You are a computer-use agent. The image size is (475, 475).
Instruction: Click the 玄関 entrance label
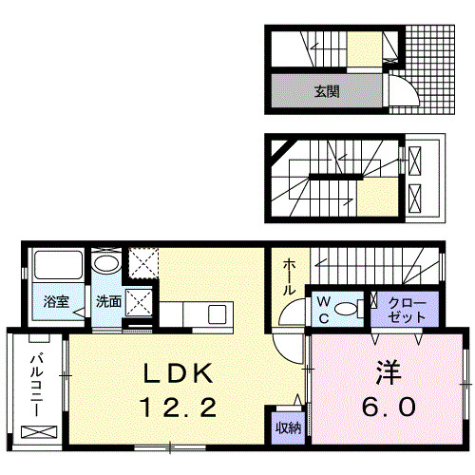(x=327, y=92)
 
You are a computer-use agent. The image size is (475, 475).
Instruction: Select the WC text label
(x=322, y=309)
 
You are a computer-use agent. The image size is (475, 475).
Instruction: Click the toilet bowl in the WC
(x=351, y=308)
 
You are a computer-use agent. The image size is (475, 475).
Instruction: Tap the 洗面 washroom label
(x=107, y=302)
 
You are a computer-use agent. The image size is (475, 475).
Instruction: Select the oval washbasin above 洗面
(x=106, y=264)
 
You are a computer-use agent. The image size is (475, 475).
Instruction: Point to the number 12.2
(x=180, y=408)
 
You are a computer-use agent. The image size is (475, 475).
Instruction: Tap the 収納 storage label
(x=288, y=428)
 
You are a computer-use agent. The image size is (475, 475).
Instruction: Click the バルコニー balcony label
(x=34, y=385)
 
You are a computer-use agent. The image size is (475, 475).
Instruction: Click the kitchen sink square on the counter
(x=218, y=313)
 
